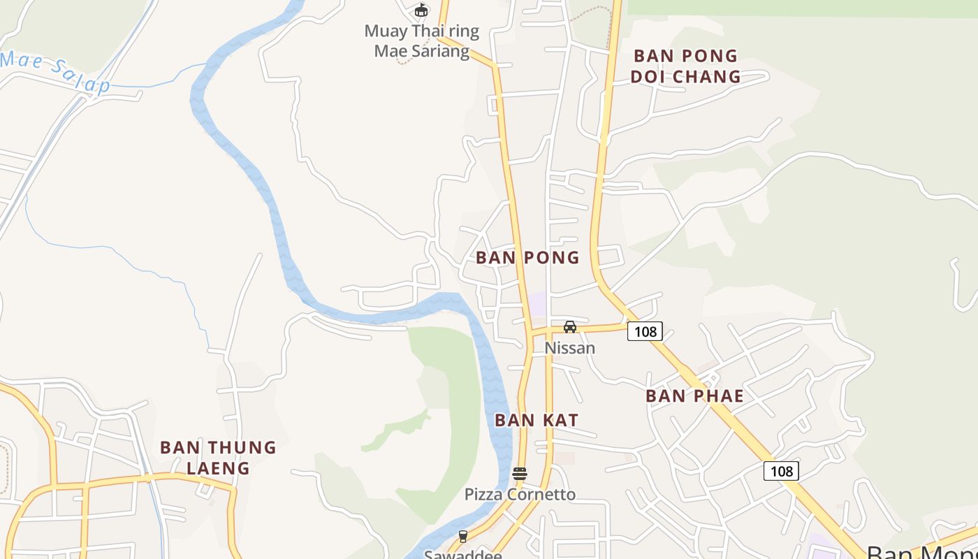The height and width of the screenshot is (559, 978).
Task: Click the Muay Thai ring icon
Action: coord(421,10)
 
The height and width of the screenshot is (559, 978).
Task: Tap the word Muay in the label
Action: coord(385,31)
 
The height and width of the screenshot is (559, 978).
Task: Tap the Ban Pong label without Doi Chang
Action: coord(527,258)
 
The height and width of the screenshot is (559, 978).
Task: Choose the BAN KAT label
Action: coord(537,420)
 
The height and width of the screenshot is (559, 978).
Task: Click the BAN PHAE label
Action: coord(694,396)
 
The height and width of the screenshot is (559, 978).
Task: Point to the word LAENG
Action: coord(218,468)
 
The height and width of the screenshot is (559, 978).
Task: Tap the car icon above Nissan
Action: coord(570,326)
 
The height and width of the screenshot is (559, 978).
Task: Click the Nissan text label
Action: coord(570,348)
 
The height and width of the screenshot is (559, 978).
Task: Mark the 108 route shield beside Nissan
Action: coord(644,331)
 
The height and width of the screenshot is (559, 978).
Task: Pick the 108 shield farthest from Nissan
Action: coord(781,471)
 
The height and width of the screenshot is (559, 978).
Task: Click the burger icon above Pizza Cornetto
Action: coord(519,474)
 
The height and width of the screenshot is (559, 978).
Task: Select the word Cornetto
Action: coord(543,495)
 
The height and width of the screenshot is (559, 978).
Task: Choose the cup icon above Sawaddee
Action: coord(462,537)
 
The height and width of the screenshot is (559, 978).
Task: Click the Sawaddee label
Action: coord(463,555)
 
